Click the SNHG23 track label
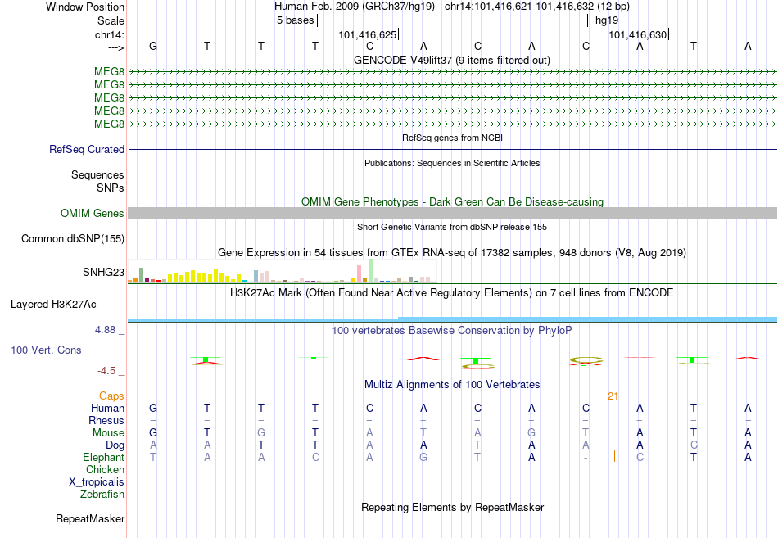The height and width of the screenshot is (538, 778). pyautogui.click(x=103, y=272)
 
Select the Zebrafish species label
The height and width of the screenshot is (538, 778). pyautogui.click(x=102, y=494)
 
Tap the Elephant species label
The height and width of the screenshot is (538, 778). pyautogui.click(x=103, y=457)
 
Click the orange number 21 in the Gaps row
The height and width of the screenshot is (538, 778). pyautogui.click(x=613, y=396)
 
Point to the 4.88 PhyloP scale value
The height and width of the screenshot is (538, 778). pyautogui.click(x=105, y=329)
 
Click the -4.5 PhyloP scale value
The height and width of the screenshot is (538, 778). pyautogui.click(x=106, y=371)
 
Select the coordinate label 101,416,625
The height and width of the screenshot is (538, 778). pyautogui.click(x=367, y=34)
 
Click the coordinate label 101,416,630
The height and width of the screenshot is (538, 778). pyautogui.click(x=638, y=34)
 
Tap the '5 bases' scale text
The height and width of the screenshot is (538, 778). pyautogui.click(x=295, y=20)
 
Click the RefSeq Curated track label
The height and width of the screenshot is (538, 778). pyautogui.click(x=87, y=149)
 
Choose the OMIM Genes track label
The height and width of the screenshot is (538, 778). pyautogui.click(x=93, y=213)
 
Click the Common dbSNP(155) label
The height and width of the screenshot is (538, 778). pyautogui.click(x=73, y=239)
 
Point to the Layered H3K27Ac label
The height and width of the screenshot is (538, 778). pyautogui.click(x=53, y=305)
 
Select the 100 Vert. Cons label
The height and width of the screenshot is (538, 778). pyautogui.click(x=46, y=350)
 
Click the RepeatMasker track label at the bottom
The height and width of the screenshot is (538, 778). pyautogui.click(x=90, y=518)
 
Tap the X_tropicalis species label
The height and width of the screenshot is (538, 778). pyautogui.click(x=97, y=481)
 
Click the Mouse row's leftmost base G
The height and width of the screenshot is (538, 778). pyautogui.click(x=153, y=433)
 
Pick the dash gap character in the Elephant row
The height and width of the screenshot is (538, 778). pyautogui.click(x=586, y=458)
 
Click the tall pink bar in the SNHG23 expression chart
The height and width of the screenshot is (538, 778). pyautogui.click(x=360, y=274)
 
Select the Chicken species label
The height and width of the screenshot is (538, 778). pyautogui.click(x=105, y=469)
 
